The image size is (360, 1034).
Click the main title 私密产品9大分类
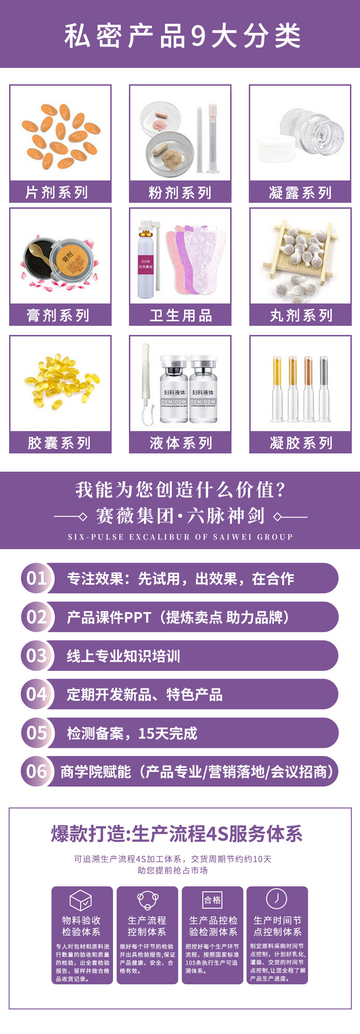point(182,36)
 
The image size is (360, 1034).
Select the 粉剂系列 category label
point(180,193)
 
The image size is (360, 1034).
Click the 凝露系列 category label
point(300,193)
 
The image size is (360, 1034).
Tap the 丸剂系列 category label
point(301,315)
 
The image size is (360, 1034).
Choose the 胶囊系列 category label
point(59,443)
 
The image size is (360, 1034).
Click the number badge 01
point(37,578)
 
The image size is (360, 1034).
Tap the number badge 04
point(37,694)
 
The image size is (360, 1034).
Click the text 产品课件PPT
point(109,617)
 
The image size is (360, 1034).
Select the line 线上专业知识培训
point(123,656)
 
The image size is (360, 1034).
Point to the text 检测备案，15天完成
point(132,733)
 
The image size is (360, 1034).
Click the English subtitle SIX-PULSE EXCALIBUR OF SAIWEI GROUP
point(180,537)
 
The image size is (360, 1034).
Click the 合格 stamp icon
point(212,900)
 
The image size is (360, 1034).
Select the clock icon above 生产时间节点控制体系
point(276,899)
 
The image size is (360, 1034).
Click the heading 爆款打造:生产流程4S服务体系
point(177,834)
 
